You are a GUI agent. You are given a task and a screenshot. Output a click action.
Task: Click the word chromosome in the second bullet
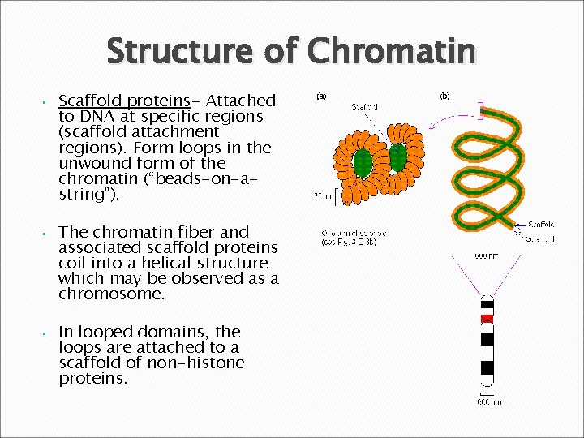(111, 294)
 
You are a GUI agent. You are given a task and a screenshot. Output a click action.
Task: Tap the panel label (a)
(321, 96)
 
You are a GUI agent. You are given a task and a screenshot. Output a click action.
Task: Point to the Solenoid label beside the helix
(539, 239)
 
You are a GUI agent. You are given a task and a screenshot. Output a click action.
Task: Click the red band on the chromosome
(487, 317)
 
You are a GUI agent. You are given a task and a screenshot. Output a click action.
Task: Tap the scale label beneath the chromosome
(488, 401)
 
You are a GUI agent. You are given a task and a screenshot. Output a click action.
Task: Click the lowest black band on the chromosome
(487, 367)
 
